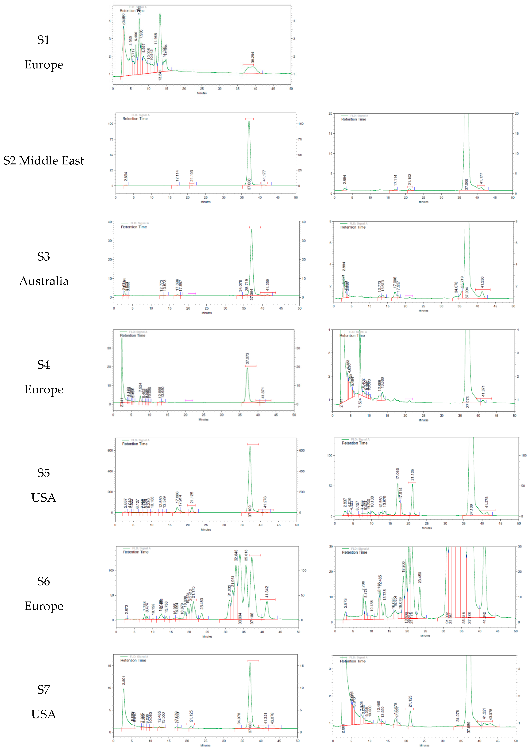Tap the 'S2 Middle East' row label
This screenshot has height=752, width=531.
[x=44, y=161]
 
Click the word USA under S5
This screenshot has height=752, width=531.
[x=44, y=498]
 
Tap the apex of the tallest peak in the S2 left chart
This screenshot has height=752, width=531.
[x=249, y=121]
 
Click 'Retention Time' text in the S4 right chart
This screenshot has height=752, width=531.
[x=352, y=335]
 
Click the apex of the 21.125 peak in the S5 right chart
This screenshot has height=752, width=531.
[x=412, y=484]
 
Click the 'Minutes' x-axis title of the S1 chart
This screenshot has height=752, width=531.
[x=202, y=93]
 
